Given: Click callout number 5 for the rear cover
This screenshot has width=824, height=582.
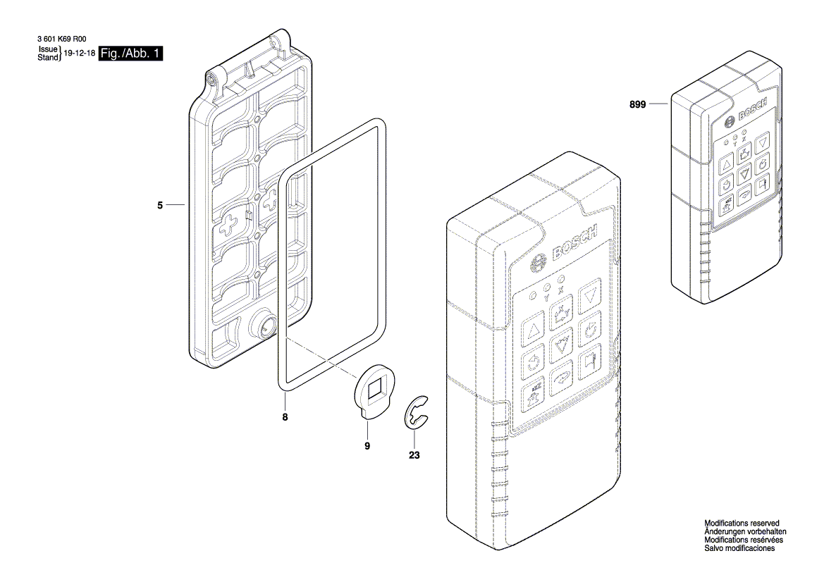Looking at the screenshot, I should (160, 205).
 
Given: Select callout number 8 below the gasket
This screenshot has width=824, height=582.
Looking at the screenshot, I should (285, 416).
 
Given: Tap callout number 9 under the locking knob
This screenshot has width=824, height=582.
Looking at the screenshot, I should (367, 445).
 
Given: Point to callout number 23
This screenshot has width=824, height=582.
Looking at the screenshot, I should (414, 455).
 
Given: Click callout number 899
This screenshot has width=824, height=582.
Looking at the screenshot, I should (638, 104).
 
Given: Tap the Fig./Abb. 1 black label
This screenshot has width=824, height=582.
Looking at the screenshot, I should (131, 54).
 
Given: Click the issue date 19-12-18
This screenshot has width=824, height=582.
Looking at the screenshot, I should (79, 54).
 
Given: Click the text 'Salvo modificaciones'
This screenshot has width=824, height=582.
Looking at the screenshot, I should (739, 548).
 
